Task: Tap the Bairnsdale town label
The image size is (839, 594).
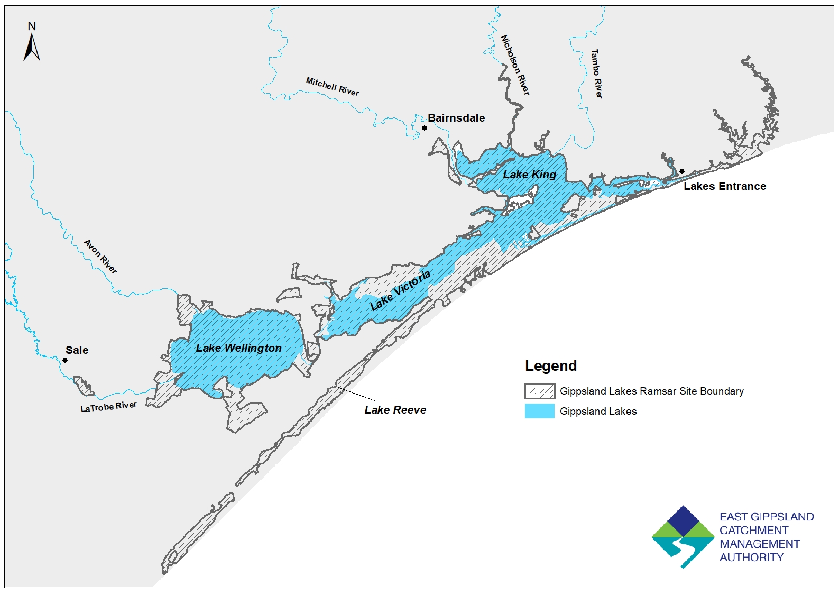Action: [456, 118]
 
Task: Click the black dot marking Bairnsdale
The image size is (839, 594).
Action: [425, 128]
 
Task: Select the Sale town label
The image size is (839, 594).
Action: [77, 350]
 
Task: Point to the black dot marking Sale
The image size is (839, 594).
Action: [65, 360]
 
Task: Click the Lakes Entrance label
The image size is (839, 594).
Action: [724, 186]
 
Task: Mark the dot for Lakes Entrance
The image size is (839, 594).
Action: [682, 171]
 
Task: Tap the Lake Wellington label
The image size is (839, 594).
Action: [238, 348]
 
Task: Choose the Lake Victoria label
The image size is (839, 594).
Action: [400, 290]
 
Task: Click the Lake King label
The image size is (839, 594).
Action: [529, 175]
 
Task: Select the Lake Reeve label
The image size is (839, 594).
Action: [395, 410]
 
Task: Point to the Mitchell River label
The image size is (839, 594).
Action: [333, 86]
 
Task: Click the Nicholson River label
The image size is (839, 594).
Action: [515, 65]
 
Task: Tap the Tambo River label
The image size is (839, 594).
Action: [596, 74]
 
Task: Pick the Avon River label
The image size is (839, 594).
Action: [100, 257]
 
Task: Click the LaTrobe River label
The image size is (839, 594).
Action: [108, 407]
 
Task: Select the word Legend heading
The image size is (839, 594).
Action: [550, 366]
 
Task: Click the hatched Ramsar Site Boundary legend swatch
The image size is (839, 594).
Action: [540, 391]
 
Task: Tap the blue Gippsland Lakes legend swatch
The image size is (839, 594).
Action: [540, 411]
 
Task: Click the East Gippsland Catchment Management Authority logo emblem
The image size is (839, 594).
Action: [684, 536]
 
